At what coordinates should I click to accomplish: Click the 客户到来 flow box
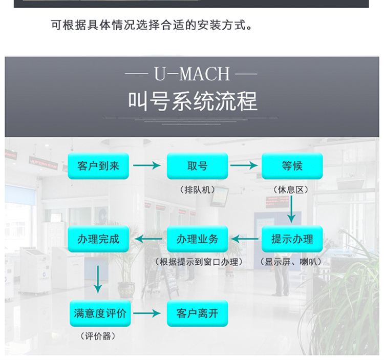coord(98,166)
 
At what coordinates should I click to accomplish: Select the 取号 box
coord(197,166)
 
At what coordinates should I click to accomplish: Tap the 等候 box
coord(292,166)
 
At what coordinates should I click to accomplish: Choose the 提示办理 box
coord(292,239)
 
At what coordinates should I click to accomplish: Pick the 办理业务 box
coord(197,239)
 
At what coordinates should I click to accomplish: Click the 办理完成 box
coord(98,239)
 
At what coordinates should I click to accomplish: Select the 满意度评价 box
coord(100,313)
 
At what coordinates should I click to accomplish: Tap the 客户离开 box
coord(197,313)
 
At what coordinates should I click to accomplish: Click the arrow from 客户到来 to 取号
coord(147,166)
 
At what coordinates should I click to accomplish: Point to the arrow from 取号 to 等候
coord(244,166)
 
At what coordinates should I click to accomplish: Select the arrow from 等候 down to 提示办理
coord(292,210)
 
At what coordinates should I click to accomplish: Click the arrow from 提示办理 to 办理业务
coord(245,239)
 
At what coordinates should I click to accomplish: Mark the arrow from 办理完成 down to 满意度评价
coord(98,279)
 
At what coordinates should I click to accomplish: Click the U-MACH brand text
coord(191,74)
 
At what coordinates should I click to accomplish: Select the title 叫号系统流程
coord(192,101)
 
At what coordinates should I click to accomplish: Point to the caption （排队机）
coord(197,189)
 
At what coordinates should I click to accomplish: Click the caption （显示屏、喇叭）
coord(292,262)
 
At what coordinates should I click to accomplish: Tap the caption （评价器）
coord(98,336)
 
